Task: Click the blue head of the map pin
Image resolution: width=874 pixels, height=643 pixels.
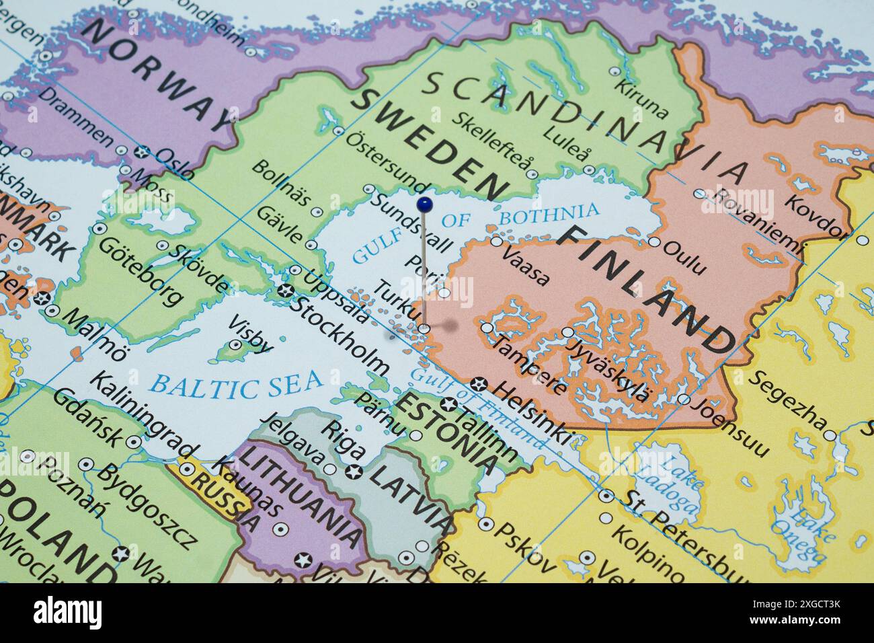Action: [x=424, y=203]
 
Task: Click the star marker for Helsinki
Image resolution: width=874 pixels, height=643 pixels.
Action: [x=479, y=385]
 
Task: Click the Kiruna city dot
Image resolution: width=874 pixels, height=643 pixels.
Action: [x=614, y=71]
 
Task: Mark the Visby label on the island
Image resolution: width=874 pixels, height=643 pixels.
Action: [x=251, y=335]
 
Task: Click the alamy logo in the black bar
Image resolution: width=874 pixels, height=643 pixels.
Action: [x=68, y=613]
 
